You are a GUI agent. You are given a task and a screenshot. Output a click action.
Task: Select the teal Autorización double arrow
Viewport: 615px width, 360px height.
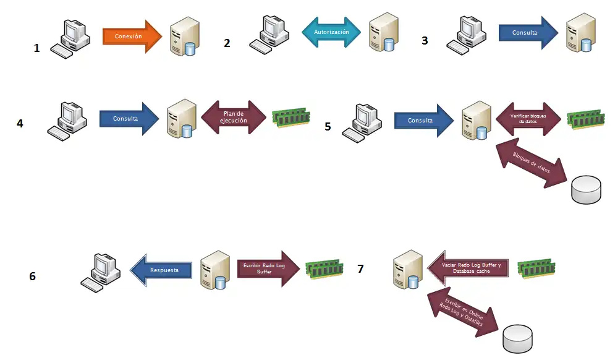331,32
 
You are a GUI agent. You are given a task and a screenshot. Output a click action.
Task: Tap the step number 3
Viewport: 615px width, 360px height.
425,41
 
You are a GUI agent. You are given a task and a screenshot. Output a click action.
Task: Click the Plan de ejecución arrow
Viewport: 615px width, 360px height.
233,117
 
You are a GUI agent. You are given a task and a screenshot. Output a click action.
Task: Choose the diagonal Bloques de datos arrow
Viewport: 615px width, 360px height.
532,163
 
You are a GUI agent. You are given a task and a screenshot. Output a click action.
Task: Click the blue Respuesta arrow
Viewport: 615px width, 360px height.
161,270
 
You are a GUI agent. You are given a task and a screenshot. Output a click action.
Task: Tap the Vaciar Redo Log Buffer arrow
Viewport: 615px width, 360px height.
467,268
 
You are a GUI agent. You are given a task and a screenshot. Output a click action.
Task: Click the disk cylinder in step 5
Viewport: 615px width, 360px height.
586,189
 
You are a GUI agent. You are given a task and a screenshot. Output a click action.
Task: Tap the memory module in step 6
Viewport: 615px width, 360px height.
324,267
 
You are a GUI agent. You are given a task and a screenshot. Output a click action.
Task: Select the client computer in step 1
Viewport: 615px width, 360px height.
70,38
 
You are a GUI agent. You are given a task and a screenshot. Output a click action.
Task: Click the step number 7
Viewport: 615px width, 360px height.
360,268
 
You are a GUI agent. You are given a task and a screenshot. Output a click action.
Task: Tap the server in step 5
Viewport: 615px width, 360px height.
474,119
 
